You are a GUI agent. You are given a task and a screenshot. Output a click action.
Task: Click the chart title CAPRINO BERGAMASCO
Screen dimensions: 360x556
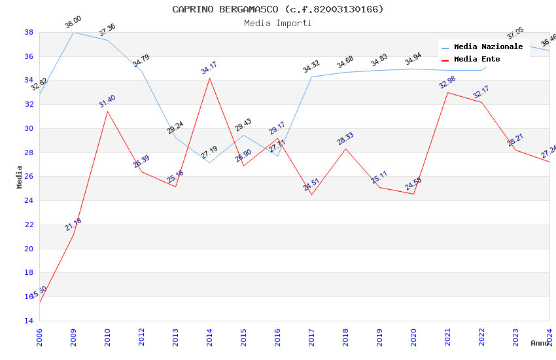(278, 9)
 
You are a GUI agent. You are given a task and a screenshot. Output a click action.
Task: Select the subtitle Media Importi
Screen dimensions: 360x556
(278, 23)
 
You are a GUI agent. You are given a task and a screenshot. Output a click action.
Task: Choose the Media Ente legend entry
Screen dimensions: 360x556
(477, 60)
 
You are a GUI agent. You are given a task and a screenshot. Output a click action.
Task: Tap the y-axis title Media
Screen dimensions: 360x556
(20, 177)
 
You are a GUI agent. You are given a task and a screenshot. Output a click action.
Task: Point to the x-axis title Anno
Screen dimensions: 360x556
(540, 343)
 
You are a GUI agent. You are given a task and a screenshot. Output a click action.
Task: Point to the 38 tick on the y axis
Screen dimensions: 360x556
(29, 32)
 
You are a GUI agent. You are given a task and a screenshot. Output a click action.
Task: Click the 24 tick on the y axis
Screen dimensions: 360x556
(29, 201)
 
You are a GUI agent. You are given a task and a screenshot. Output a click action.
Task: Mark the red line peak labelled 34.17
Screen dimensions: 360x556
(209, 78)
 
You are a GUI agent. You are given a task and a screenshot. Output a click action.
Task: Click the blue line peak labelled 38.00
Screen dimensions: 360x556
(73, 32)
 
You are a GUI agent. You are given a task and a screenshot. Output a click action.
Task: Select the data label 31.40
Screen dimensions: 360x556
(107, 101)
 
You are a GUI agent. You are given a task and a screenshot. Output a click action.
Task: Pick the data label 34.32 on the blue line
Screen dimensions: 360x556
(311, 66)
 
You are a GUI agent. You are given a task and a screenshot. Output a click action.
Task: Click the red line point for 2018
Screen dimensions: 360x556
(345, 149)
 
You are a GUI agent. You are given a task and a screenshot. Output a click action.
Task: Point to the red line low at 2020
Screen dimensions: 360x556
(413, 194)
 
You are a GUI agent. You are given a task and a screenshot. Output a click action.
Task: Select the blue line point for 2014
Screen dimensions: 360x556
(209, 162)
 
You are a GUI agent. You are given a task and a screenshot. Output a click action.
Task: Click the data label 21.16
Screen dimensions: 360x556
(73, 225)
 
